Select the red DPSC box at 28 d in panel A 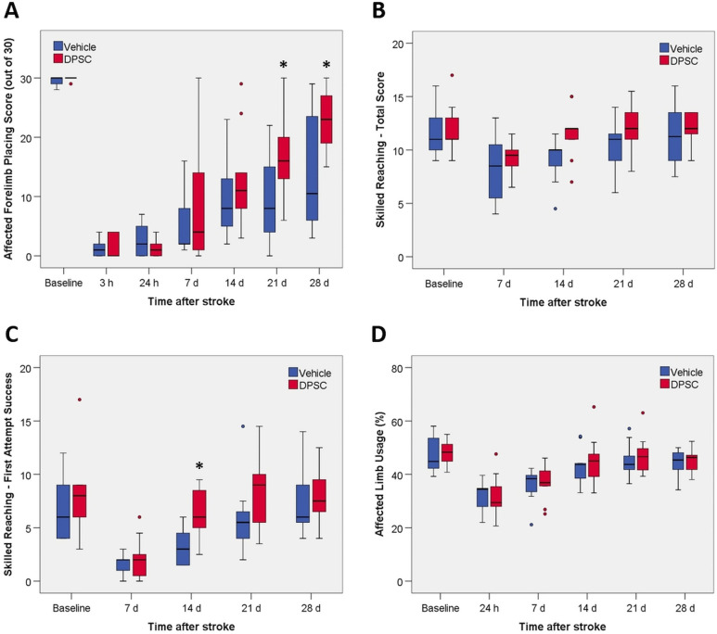(x=325, y=119)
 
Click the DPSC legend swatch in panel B (x=667, y=60)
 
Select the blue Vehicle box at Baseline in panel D (x=434, y=451)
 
